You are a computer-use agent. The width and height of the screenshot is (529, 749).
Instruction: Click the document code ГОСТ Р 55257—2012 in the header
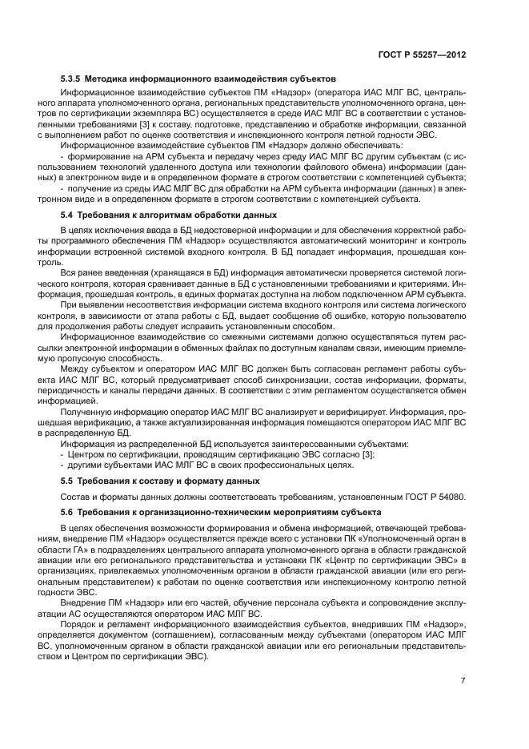pyautogui.click(x=421, y=55)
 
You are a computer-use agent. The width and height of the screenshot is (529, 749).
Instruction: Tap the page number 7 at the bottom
pyautogui.click(x=463, y=683)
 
